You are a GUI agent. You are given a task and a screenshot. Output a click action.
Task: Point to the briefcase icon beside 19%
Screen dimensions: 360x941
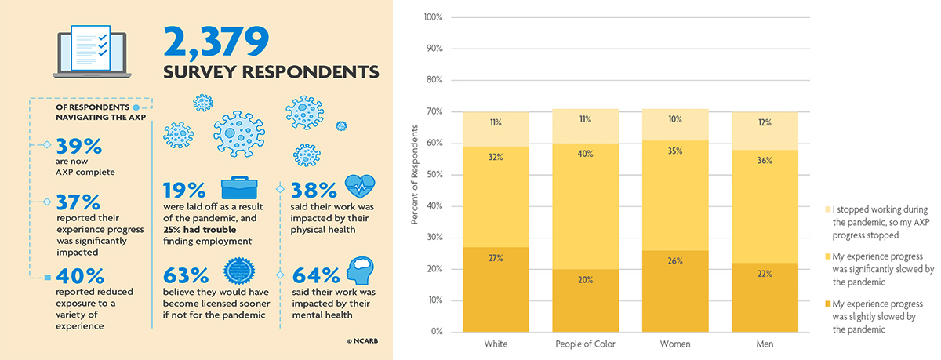pos(238,189)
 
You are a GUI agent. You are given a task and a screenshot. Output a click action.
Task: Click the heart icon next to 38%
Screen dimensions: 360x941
pos(360,189)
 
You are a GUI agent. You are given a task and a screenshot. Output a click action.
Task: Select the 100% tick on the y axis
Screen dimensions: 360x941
pos(433,17)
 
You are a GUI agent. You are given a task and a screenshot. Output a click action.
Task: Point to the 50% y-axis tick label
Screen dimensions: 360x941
pos(434,175)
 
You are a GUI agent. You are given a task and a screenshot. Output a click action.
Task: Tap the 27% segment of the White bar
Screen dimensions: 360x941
pos(496,289)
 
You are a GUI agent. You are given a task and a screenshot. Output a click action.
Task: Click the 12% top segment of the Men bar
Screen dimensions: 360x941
pos(765,123)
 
